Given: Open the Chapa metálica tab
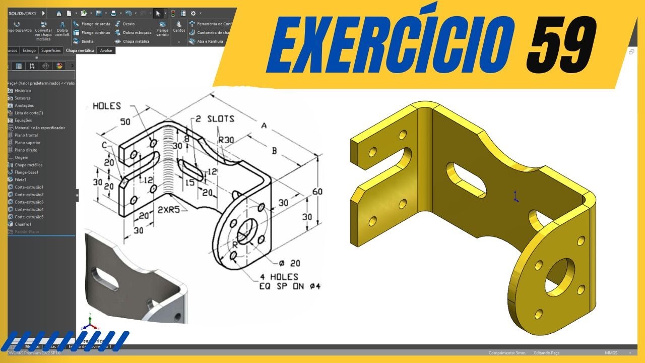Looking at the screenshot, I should [x=80, y=50].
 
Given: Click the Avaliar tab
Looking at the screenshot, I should [x=106, y=50].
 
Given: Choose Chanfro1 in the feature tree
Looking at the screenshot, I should [x=23, y=224].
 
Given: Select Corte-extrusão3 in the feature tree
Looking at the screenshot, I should [x=29, y=202].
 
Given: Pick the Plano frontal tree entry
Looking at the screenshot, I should [x=26, y=135].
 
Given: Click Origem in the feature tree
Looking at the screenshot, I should [x=22, y=157].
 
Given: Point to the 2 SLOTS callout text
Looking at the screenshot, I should [x=216, y=119].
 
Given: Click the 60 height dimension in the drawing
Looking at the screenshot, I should [x=317, y=192].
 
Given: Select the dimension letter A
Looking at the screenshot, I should [x=264, y=127].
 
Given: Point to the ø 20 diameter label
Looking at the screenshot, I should [x=290, y=262].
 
